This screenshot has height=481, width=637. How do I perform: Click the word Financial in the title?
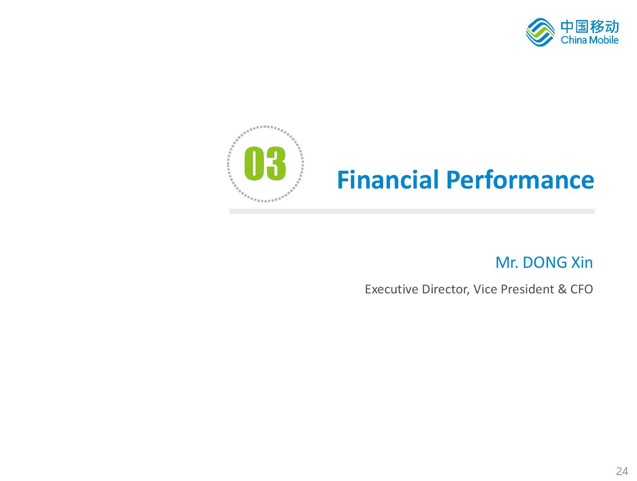(x=388, y=179)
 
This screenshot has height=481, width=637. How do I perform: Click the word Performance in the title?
(x=520, y=179)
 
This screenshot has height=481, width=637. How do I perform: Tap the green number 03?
(x=265, y=163)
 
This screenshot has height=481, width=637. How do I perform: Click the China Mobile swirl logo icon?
(x=540, y=32)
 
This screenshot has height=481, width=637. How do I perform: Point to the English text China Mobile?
(x=590, y=40)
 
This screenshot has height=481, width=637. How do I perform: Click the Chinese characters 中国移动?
(x=590, y=26)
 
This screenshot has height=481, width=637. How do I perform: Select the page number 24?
(x=622, y=463)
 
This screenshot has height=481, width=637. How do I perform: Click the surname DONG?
(x=545, y=262)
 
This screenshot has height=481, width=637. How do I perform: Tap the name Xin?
(x=582, y=262)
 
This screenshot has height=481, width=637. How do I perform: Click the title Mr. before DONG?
(x=506, y=262)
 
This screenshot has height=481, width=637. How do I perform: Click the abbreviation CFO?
(x=582, y=289)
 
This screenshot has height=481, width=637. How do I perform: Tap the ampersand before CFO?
(x=562, y=289)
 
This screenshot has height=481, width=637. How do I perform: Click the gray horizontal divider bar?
(x=412, y=211)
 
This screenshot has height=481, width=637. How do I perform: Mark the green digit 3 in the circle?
(x=276, y=163)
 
